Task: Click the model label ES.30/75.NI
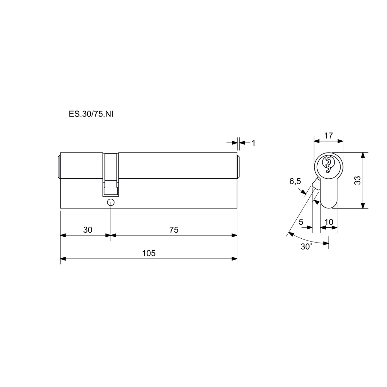(x=91, y=114)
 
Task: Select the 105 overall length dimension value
(x=149, y=253)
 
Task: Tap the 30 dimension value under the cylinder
(x=88, y=230)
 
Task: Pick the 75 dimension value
(x=174, y=230)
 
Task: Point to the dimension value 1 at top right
(x=253, y=143)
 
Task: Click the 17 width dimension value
(x=329, y=135)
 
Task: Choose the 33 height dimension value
(x=358, y=180)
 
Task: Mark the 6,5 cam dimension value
(x=295, y=181)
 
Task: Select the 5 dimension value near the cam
(x=301, y=222)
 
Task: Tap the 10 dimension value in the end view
(x=329, y=222)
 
